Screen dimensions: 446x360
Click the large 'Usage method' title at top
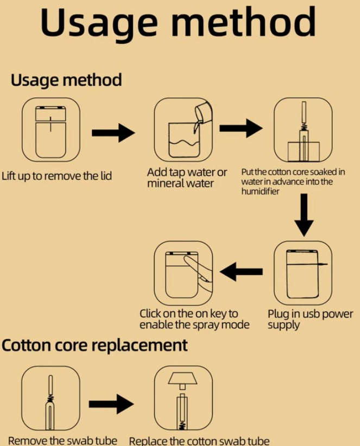coord(178,22)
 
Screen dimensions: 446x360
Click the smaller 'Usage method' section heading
coord(66,80)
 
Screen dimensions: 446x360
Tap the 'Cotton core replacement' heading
coord(95,345)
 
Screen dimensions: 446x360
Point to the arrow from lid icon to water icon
coord(113,132)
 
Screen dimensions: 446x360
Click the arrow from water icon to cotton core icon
coord(241,128)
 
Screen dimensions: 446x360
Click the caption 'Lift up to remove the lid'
coord(57,176)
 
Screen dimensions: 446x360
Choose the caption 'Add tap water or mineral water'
coord(187,178)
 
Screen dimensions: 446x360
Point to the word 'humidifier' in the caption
coord(261,192)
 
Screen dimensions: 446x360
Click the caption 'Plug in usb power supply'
coord(310,320)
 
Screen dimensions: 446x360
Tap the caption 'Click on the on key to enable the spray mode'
coord(194,320)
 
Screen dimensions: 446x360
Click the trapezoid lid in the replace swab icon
coord(182,377)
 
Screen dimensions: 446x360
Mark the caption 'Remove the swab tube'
coord(63,440)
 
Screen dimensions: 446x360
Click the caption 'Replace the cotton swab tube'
coord(199,441)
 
